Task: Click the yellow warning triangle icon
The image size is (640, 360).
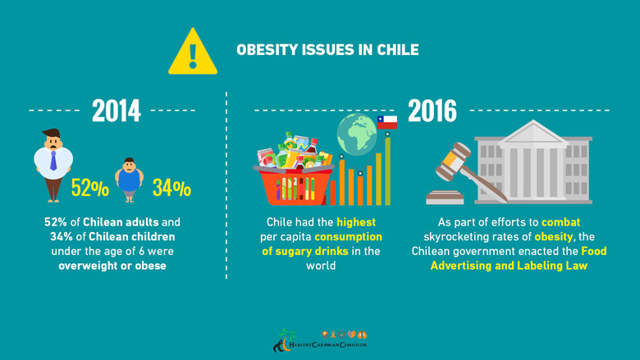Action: pyautogui.click(x=193, y=52)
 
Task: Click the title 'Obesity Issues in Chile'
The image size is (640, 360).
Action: pyautogui.click(x=327, y=50)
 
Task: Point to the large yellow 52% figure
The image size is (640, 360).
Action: pyautogui.click(x=89, y=189)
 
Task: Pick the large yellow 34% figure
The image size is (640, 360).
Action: pyautogui.click(x=171, y=189)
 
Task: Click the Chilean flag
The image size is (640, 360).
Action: pyautogui.click(x=387, y=122)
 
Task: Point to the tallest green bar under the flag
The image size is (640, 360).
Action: pyautogui.click(x=387, y=170)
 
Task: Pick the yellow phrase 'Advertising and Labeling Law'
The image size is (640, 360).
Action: pyautogui.click(x=509, y=266)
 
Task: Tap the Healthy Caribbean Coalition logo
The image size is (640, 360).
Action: pyautogui.click(x=319, y=339)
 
